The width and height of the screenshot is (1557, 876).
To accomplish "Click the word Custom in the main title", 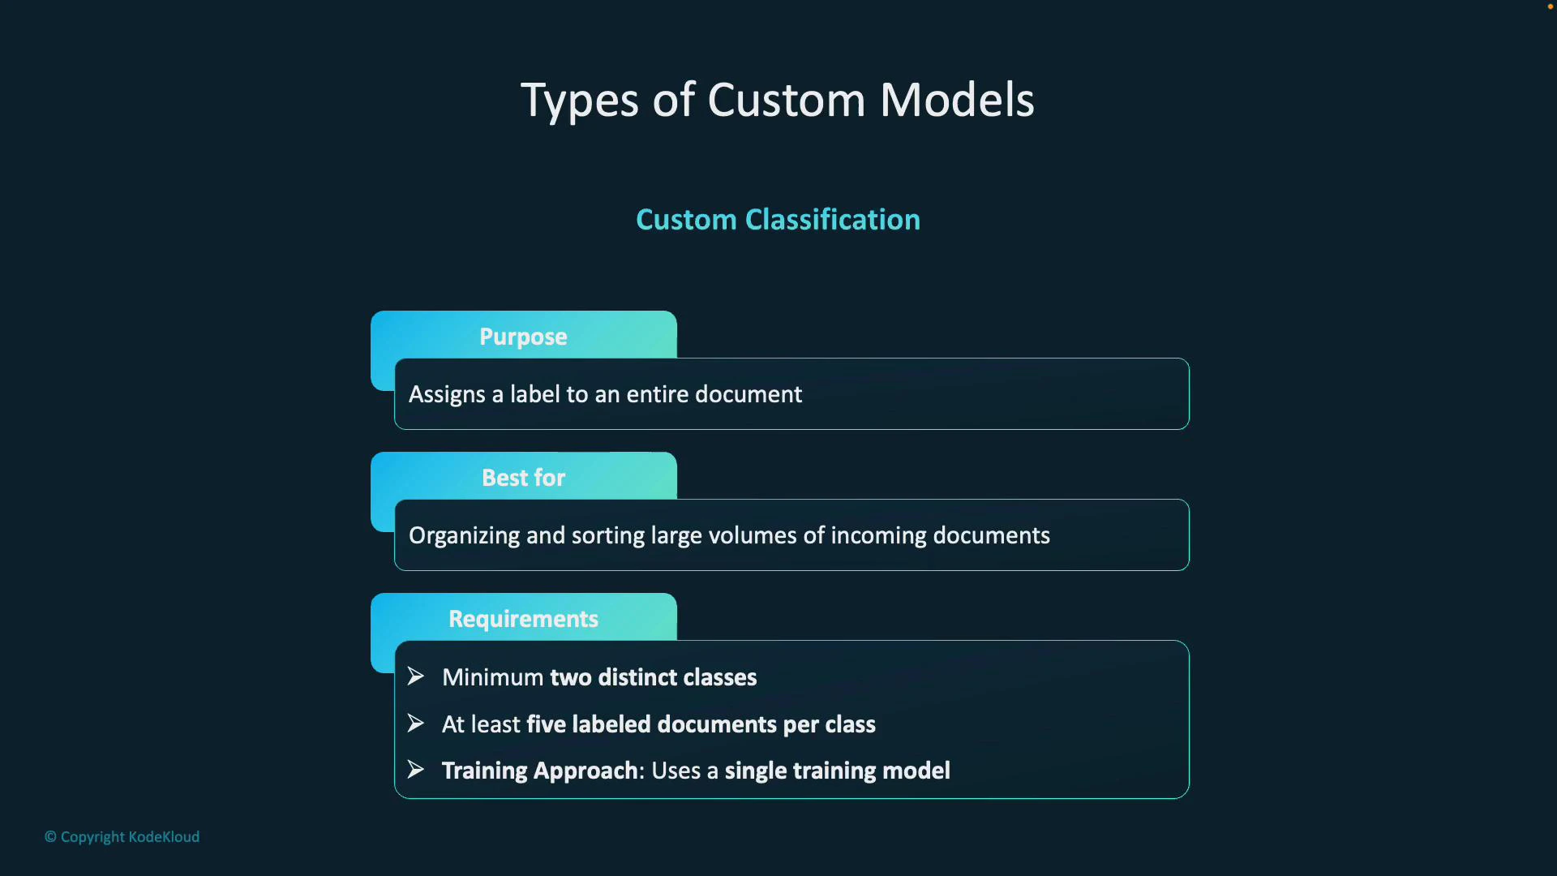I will pyautogui.click(x=786, y=101).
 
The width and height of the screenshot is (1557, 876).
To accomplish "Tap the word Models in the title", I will pyautogui.click(x=957, y=101).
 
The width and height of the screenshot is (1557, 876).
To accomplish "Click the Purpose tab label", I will pyautogui.click(x=523, y=337).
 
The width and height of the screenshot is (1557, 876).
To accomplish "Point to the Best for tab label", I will pyautogui.click(x=523, y=478).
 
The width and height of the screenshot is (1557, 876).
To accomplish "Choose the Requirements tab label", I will pyautogui.click(x=523, y=619).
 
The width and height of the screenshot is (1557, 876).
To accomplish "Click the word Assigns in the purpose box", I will pyautogui.click(x=447, y=395).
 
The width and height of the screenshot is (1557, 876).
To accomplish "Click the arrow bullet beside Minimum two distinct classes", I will pyautogui.click(x=416, y=676).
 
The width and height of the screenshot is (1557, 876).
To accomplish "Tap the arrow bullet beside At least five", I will pyautogui.click(x=416, y=724).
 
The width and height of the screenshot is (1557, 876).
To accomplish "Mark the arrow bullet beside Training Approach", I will pyautogui.click(x=416, y=770).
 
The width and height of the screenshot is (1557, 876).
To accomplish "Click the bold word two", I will pyautogui.click(x=570, y=677).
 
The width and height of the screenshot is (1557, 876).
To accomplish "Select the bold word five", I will pyautogui.click(x=546, y=724).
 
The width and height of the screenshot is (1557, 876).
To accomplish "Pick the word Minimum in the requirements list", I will pyautogui.click(x=492, y=677).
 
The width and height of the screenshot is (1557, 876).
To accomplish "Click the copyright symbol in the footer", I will pyautogui.click(x=50, y=837).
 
